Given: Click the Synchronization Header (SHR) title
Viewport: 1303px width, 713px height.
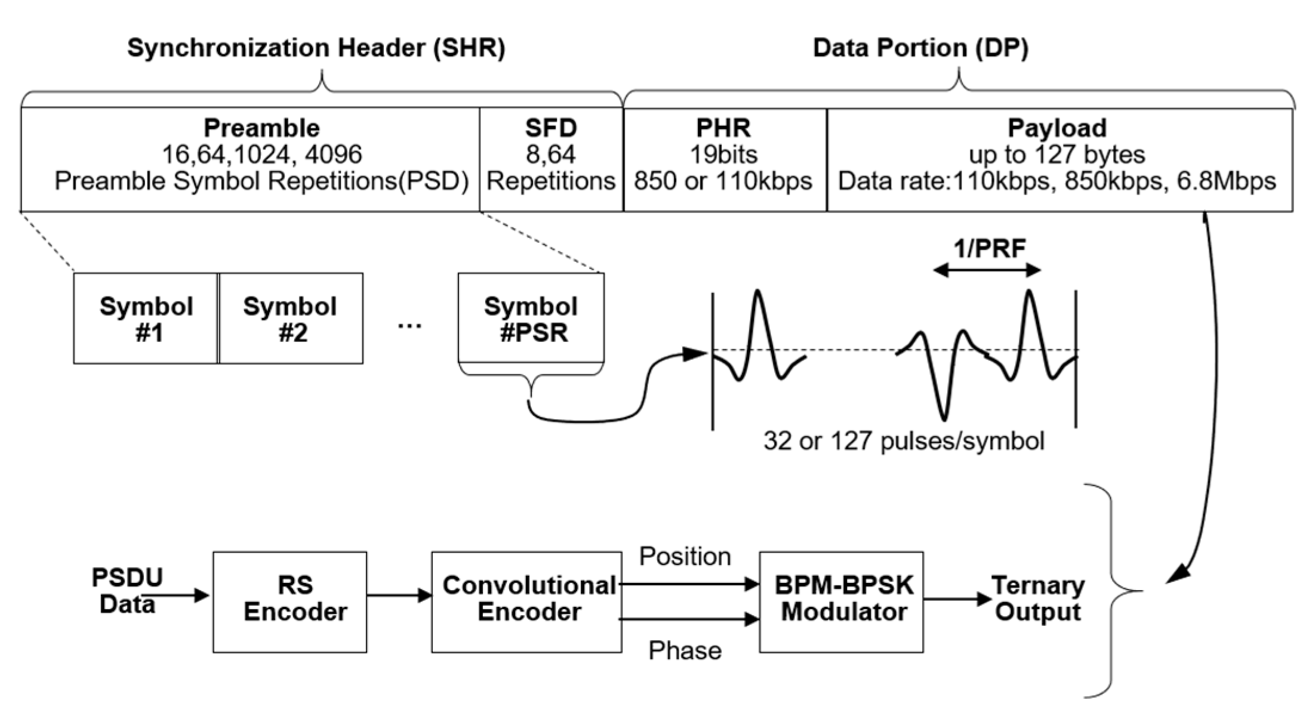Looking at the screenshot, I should [316, 48].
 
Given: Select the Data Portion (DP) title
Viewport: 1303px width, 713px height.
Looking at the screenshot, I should [920, 48].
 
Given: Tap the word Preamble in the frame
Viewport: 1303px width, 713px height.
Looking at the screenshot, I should [261, 128].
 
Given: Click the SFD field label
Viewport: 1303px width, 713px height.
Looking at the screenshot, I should [550, 128].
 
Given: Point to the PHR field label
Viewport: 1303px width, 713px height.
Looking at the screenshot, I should [723, 128].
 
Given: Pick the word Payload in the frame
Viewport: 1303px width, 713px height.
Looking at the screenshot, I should [1057, 128].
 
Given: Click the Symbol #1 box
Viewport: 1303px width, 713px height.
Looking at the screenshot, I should [146, 319].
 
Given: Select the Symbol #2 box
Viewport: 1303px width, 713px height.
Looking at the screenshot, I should [291, 319].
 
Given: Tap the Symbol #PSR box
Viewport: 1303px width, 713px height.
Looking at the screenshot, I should [531, 319].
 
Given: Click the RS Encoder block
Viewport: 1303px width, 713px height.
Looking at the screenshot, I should [289, 601].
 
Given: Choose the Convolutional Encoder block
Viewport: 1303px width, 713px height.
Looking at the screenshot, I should [526, 601].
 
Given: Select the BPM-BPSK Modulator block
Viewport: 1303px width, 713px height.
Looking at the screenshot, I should [841, 601].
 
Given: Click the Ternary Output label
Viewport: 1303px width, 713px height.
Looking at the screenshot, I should [1038, 599].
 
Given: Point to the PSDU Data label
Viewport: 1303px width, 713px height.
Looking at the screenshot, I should [127, 591].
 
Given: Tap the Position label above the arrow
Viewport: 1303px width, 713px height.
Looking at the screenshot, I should [685, 557].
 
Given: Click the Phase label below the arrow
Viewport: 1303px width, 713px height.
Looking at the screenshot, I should [685, 650].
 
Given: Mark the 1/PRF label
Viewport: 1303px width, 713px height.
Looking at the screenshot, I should [989, 248].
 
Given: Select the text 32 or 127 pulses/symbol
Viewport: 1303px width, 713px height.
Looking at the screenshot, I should [904, 442].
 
